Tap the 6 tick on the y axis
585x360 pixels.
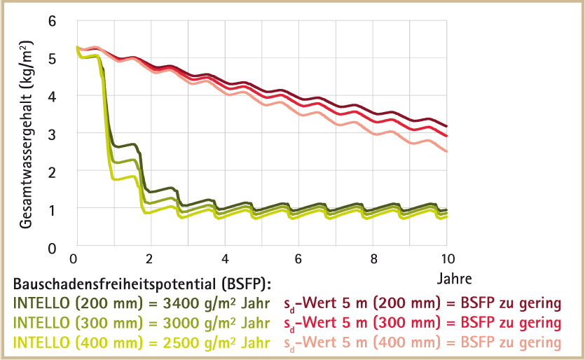pyautogui.click(x=51, y=21)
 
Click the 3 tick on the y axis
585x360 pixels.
pyautogui.click(x=51, y=134)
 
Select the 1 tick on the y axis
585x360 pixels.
pyautogui.click(x=51, y=209)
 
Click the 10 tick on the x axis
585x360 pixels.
pyautogui.click(x=447, y=258)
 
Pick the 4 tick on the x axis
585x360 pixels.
pyautogui.click(x=223, y=258)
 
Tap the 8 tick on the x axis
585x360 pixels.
pyautogui.click(x=373, y=258)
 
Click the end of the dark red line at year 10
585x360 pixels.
pyautogui.click(x=447, y=126)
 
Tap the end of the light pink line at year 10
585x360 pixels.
pyautogui.click(x=447, y=151)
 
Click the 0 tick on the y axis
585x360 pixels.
pyautogui.click(x=51, y=247)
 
